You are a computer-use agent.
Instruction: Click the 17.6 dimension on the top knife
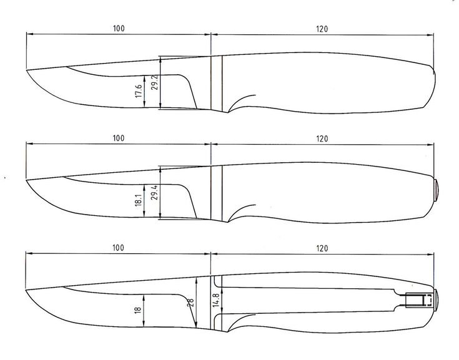139,92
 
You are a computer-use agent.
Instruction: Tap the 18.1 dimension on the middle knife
138,200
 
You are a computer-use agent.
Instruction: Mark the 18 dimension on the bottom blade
138,308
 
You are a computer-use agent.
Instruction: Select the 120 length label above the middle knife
322,138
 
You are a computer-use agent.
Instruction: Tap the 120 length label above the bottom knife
322,248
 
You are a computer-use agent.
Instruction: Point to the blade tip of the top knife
27,70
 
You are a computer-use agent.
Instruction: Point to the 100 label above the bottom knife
117,248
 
